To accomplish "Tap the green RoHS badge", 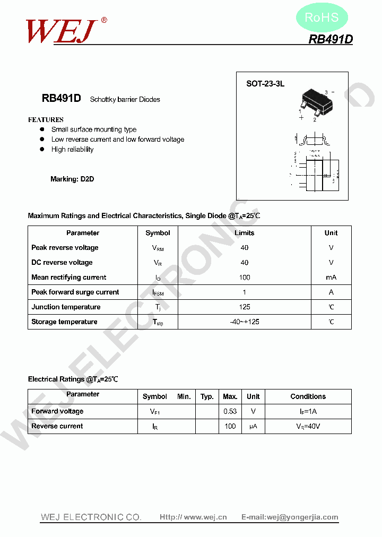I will pyautogui.click(x=322, y=18).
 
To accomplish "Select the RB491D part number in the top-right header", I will pyautogui.click(x=331, y=39).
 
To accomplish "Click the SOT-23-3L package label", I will pyautogui.click(x=265, y=84).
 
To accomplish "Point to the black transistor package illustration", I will pyautogui.click(x=317, y=101).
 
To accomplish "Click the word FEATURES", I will pyautogui.click(x=46, y=120).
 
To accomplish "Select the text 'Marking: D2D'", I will pyautogui.click(x=72, y=179).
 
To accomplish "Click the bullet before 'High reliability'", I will pyautogui.click(x=42, y=150).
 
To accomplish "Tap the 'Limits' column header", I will pyautogui.click(x=244, y=233).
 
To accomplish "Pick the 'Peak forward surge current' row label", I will pyautogui.click(x=75, y=292).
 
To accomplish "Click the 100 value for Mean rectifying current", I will pyautogui.click(x=244, y=278).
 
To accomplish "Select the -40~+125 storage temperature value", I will pyautogui.click(x=244, y=322).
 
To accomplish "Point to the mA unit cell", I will pyautogui.click(x=331, y=278).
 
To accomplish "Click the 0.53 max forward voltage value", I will pyautogui.click(x=230, y=411).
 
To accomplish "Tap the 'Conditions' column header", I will pyautogui.click(x=308, y=396).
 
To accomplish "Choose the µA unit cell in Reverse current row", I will pyautogui.click(x=253, y=426).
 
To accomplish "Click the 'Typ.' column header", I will pyautogui.click(x=207, y=396).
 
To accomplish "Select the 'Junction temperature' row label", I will pyautogui.click(x=66, y=307).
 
